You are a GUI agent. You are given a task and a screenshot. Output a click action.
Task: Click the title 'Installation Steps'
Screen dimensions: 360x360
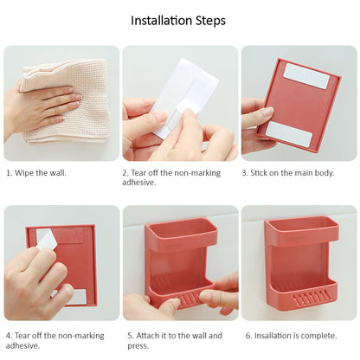click(178, 21)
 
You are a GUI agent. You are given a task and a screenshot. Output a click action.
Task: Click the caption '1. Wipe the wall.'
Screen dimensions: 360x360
click(36, 173)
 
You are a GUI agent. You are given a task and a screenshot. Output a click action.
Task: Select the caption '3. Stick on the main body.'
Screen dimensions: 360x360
click(288, 173)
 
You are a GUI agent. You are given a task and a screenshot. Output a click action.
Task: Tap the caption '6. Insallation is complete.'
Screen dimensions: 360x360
click(292, 336)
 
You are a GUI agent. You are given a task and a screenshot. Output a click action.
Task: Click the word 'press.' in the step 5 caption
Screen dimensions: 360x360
click(138, 345)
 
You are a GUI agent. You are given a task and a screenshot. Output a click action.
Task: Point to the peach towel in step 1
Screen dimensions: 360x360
click(67, 101)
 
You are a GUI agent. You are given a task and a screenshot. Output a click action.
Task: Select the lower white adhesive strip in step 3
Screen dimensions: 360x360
click(289, 134)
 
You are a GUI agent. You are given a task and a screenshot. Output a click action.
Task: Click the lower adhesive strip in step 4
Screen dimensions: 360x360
click(75, 297)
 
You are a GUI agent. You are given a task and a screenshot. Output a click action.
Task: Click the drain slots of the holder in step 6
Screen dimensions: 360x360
click(311, 300)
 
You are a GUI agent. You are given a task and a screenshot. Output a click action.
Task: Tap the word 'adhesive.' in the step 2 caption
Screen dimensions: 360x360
click(138, 183)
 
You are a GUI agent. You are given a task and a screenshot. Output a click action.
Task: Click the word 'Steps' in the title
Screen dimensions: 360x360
click(210, 21)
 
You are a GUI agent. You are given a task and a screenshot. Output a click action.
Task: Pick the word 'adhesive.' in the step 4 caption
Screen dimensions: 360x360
click(22, 345)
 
